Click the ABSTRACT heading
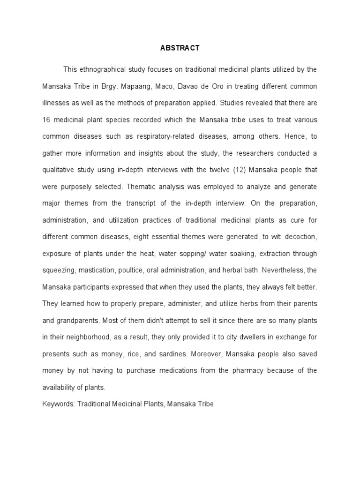coord(180,48)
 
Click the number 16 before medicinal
coord(46,120)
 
